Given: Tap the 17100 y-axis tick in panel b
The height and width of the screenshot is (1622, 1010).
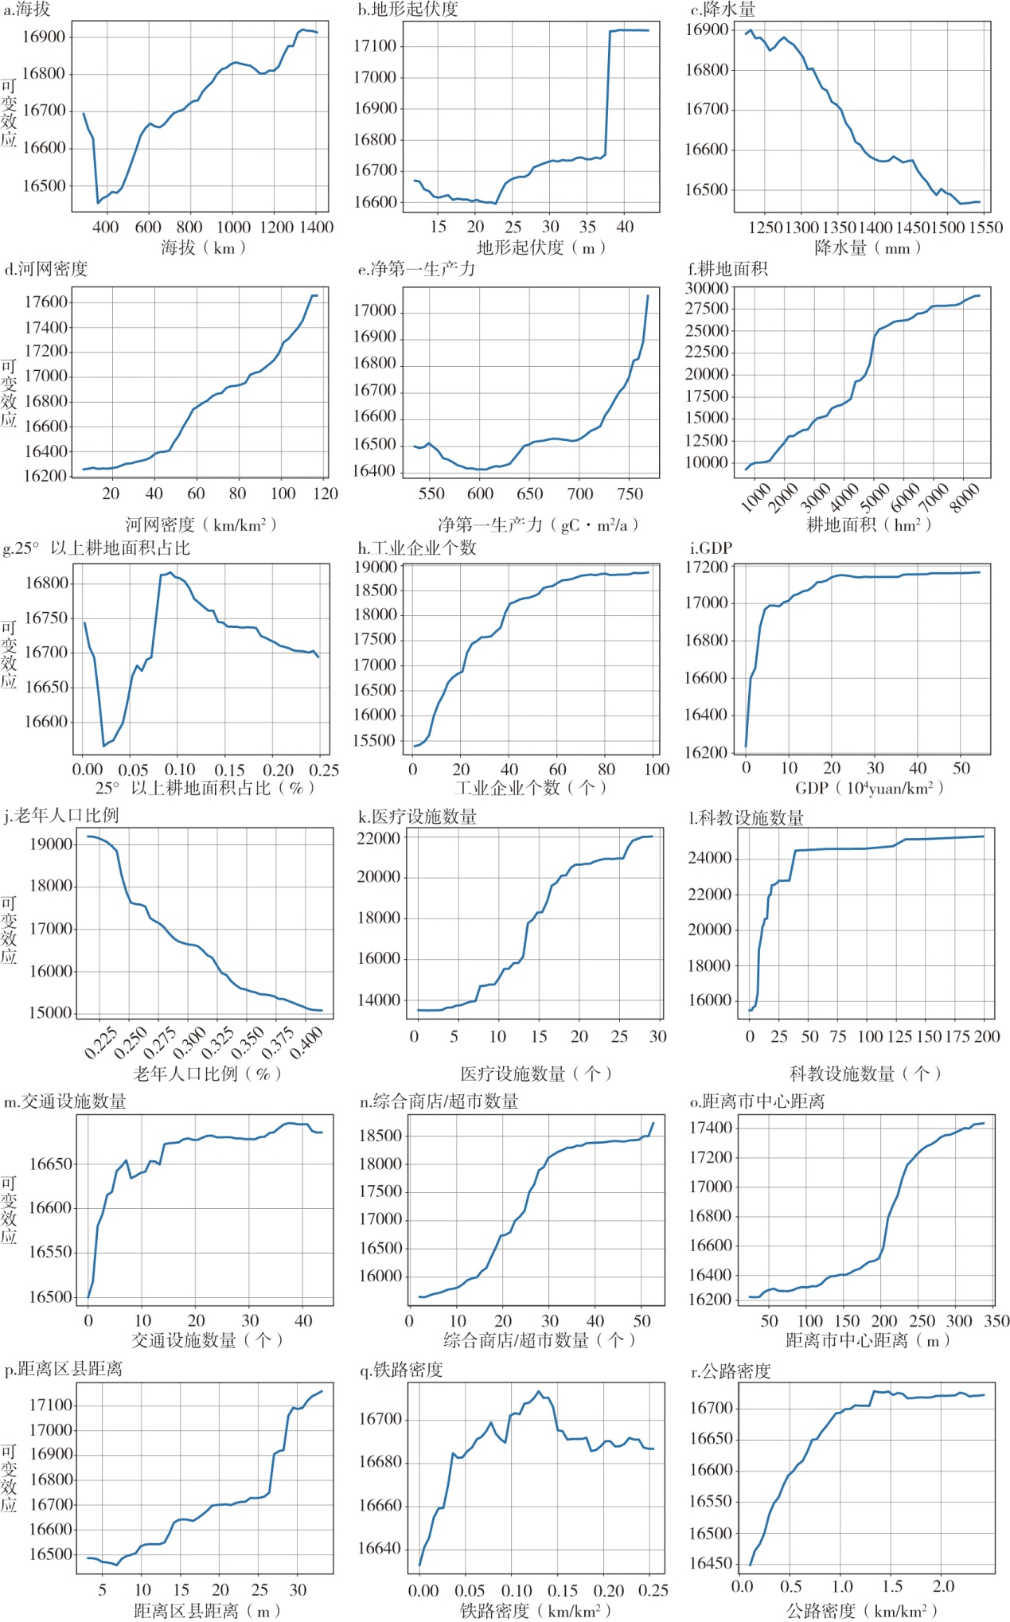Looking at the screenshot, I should (x=375, y=46).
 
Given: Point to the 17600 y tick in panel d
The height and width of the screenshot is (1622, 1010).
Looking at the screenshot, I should (x=46, y=302).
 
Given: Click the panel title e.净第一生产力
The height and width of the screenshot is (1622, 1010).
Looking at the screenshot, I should (x=416, y=269).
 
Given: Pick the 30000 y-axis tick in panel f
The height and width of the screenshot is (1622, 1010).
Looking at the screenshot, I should (x=706, y=288).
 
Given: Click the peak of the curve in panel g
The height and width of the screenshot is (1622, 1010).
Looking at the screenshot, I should (x=170, y=572).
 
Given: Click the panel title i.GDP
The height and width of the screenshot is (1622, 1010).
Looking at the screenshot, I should (x=711, y=548).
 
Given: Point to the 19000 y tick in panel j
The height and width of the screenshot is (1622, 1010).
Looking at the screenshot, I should (x=51, y=844).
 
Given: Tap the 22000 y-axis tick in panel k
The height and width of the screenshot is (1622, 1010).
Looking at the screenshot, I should (x=378, y=838).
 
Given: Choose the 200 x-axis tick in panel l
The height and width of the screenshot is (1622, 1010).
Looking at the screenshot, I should (x=986, y=1036).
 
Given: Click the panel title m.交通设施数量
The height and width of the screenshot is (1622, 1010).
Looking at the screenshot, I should (x=65, y=1101).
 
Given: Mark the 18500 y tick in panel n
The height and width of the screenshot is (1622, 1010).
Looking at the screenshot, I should (x=380, y=1136).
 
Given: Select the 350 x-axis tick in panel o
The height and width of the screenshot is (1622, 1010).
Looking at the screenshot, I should (x=996, y=1320).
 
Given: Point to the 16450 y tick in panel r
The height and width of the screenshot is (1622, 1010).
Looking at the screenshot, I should (x=711, y=1563).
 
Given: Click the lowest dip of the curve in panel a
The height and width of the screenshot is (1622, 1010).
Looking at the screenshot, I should (x=98, y=203).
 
